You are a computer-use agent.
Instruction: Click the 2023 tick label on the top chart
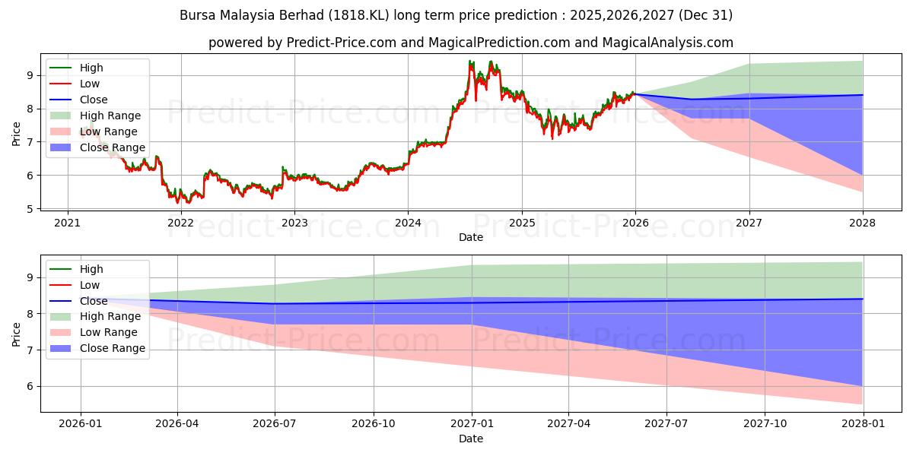[294, 223]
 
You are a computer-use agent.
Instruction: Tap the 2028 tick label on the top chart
[863, 223]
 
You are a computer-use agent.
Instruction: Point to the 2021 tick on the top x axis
[68, 223]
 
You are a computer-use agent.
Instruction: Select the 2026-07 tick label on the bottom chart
[275, 425]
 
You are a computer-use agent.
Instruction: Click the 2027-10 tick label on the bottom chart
[765, 425]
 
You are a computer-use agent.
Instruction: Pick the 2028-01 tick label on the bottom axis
[863, 425]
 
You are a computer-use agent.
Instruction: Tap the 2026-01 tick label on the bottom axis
[80, 425]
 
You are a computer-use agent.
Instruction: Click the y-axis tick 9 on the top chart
[31, 75]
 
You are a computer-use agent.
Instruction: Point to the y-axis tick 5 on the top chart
[31, 208]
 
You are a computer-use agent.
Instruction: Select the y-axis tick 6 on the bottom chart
[31, 386]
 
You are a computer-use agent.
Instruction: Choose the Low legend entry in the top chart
[91, 84]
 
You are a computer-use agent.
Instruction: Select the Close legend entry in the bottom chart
[94, 301]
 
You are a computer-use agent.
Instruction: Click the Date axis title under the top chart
[470, 237]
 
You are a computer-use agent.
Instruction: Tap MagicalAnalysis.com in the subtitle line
[668, 43]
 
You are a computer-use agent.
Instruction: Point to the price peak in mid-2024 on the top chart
[471, 62]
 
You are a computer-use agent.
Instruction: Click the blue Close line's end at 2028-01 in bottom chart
[862, 299]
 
